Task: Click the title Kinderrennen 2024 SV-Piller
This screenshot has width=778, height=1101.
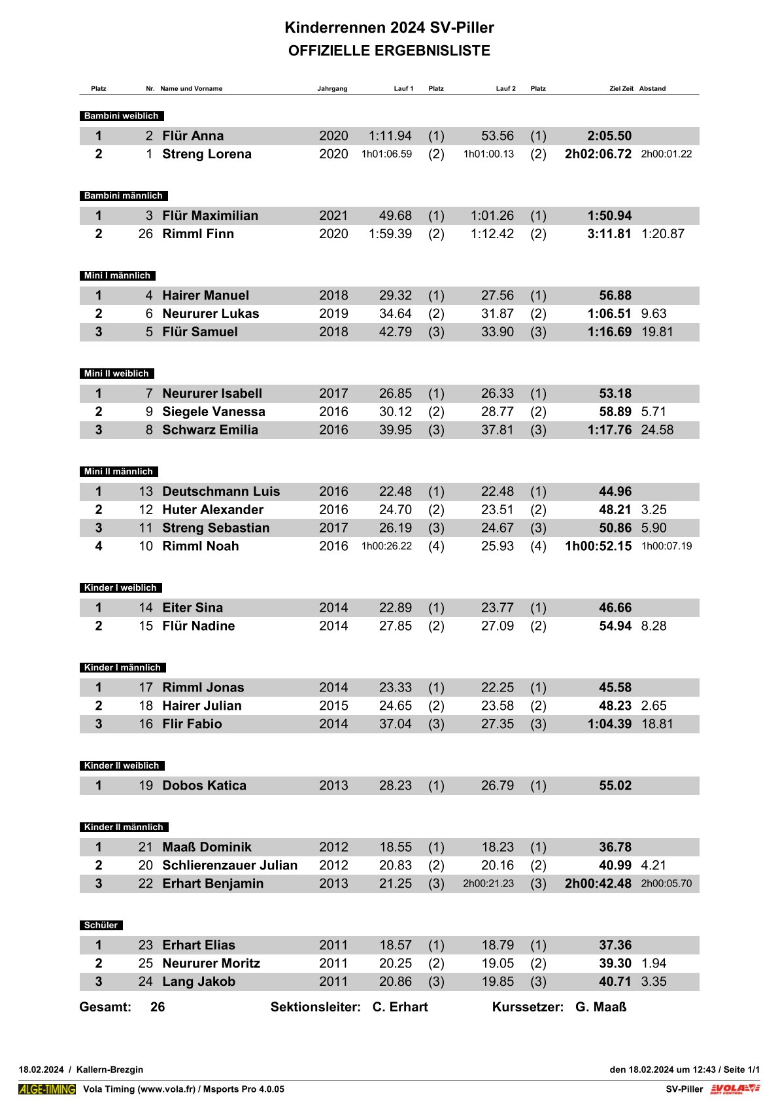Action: [389, 27]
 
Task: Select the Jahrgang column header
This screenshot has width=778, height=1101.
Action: [332, 88]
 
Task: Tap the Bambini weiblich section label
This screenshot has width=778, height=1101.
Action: [122, 116]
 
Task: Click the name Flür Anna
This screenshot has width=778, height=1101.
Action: [193, 136]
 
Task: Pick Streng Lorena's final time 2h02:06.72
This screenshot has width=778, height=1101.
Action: [598, 154]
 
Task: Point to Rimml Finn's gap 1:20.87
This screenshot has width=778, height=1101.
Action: [662, 234]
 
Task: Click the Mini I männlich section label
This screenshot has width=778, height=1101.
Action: [118, 275]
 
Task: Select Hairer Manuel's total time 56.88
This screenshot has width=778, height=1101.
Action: [615, 296]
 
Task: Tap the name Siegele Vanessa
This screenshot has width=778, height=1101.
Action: [214, 412]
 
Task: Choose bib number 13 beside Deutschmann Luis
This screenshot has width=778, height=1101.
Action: [145, 492]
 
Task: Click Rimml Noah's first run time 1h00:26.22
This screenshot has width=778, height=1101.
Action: [386, 546]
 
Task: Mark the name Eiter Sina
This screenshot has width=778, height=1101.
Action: [193, 608]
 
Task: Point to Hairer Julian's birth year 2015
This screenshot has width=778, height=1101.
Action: [333, 706]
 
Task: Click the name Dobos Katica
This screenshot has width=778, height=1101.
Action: [205, 786]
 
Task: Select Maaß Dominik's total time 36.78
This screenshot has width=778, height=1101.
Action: [615, 847]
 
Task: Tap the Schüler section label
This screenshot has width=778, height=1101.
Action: [101, 925]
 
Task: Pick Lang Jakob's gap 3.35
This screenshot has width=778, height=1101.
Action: [654, 982]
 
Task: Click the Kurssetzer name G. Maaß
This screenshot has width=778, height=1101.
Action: [601, 1007]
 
